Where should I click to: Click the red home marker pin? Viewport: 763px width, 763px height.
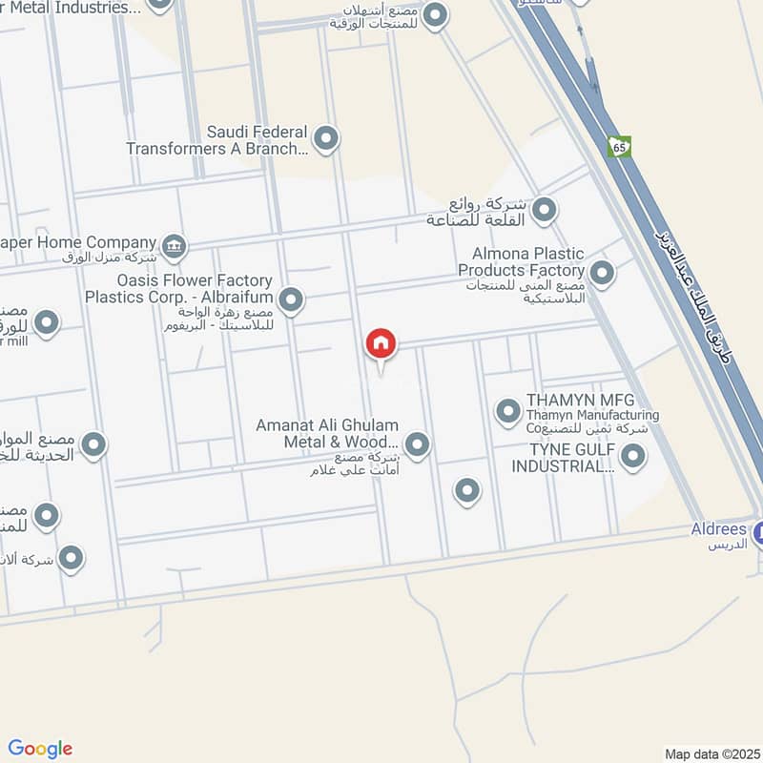point(381,344)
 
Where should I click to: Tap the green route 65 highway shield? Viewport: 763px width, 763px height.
point(620,147)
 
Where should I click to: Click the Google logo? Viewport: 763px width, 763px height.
point(40,749)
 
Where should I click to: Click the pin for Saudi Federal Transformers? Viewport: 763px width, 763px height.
point(326,140)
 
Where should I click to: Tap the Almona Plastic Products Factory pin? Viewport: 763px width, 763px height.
point(602,275)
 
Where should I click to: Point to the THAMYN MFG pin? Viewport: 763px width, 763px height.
point(507,412)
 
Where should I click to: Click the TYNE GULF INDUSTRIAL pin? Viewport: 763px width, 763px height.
point(632,458)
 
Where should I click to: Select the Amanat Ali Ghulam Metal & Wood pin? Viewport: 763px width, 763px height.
point(417,443)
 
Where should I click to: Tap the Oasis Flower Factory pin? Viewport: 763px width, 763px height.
point(292,301)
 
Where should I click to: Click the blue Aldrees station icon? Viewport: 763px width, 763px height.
point(757,534)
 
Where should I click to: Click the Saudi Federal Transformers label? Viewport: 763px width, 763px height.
point(217,140)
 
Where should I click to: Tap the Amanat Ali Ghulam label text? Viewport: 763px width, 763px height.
point(327,433)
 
